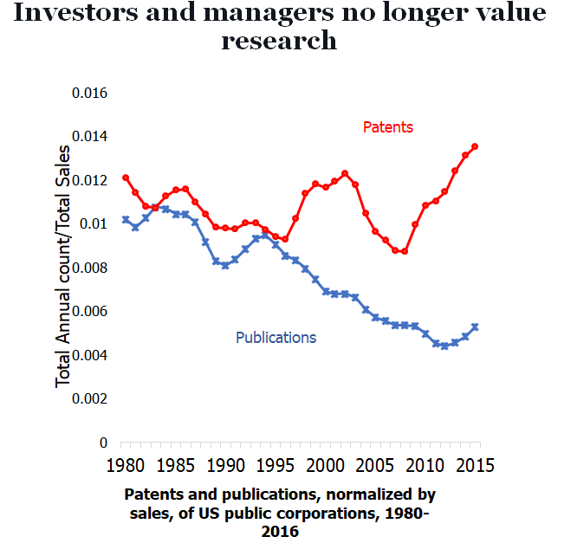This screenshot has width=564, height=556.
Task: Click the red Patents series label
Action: tap(387, 127)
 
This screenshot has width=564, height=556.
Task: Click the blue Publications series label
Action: tap(276, 337)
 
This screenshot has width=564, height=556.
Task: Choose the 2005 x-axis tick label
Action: tap(374, 465)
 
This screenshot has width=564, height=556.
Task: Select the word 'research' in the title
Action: tap(279, 40)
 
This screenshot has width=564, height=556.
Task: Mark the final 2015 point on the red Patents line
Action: tap(475, 146)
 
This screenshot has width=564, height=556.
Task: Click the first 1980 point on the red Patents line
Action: tap(126, 178)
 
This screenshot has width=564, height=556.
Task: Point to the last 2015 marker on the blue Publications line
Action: tap(475, 326)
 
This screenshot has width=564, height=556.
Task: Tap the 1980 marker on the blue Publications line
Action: tap(126, 219)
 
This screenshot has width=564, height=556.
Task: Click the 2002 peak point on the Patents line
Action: tap(345, 173)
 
